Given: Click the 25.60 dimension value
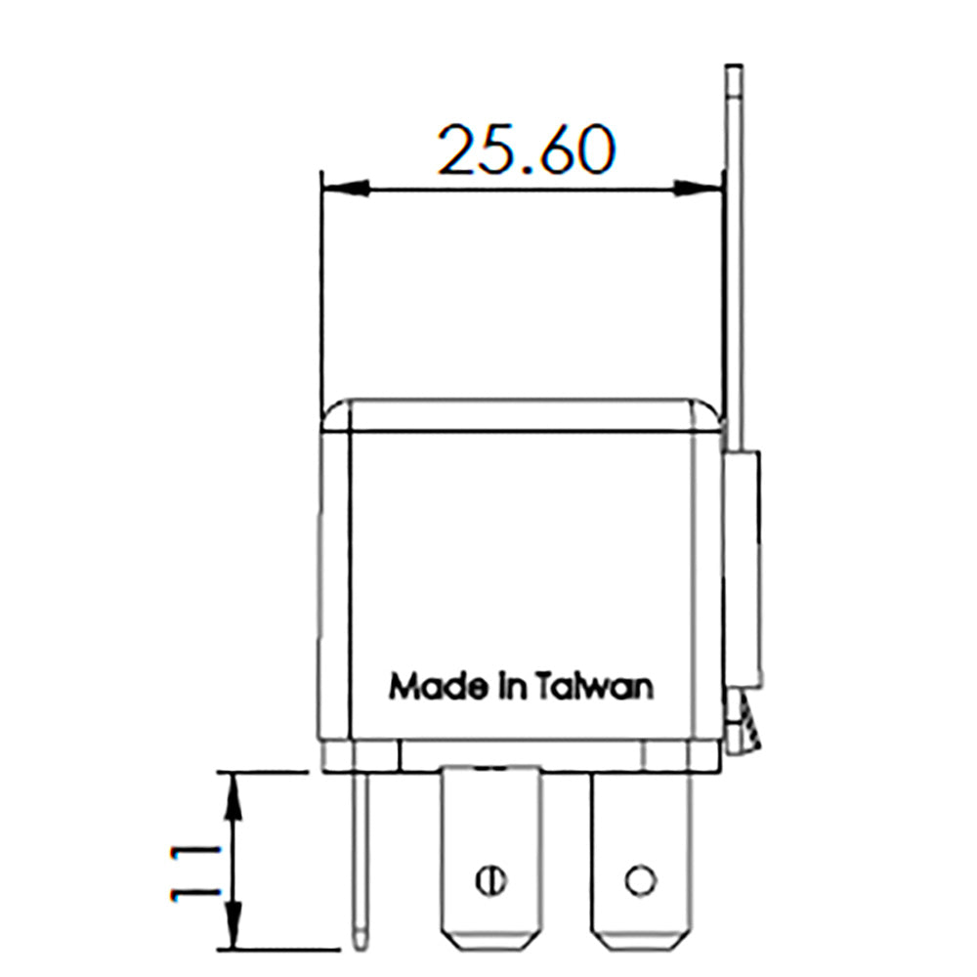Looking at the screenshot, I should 526,149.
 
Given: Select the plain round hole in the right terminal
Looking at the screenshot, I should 639,879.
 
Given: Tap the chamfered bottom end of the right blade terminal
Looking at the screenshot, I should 639,940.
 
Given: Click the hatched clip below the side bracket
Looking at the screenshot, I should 747,723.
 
